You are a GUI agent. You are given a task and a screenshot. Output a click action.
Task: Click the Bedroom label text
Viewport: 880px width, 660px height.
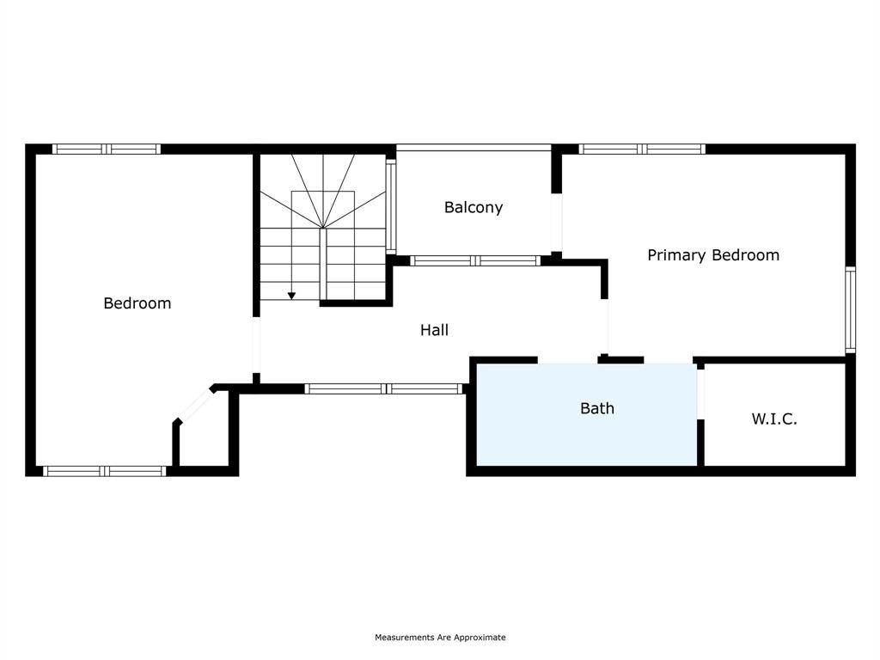[137, 303]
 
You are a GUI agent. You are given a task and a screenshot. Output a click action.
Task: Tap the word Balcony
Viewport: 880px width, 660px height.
[473, 208]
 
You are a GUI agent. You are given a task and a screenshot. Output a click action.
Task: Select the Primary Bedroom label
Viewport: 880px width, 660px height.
[712, 255]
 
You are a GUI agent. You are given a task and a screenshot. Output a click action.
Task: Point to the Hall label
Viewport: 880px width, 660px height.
[434, 330]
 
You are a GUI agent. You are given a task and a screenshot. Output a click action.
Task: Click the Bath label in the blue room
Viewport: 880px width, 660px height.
[596, 408]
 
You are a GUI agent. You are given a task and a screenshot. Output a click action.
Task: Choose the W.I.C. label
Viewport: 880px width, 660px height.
[773, 419]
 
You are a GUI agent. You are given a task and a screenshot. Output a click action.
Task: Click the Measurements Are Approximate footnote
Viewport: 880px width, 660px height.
[440, 638]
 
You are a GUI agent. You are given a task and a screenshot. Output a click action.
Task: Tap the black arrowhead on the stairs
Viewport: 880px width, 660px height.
[291, 296]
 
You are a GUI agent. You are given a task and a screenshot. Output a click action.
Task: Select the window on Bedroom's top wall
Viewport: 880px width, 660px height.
[107, 149]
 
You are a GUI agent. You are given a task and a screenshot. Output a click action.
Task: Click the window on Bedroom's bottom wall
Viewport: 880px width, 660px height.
[104, 471]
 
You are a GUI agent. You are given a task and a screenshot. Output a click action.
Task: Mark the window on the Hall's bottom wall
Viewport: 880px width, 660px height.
[385, 388]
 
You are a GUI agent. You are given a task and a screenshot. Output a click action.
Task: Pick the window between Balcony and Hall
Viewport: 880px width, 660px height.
[475, 260]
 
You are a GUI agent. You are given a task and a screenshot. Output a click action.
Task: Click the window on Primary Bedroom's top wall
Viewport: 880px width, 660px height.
[642, 149]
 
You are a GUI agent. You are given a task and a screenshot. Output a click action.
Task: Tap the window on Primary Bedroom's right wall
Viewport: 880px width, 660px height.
[850, 309]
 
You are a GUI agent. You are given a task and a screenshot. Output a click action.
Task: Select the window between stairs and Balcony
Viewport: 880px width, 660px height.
[390, 205]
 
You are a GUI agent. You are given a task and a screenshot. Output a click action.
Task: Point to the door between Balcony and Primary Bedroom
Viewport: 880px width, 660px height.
[556, 222]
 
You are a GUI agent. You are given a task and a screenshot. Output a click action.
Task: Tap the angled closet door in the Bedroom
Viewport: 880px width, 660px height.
[195, 405]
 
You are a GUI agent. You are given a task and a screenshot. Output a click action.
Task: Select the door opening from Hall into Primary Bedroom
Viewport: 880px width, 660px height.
[605, 327]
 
